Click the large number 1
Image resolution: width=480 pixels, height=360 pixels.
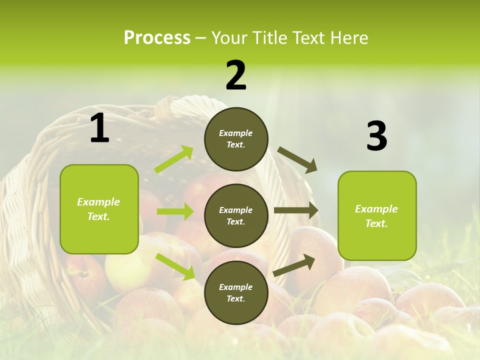click(x=99, y=128)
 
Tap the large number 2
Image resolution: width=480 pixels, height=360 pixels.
click(x=236, y=75)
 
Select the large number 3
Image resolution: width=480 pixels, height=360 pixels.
click(x=376, y=136)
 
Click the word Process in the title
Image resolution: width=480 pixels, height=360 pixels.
click(x=157, y=38)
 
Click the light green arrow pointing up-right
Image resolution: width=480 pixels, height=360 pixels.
click(x=174, y=159)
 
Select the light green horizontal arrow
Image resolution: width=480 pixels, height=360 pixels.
click(x=175, y=211)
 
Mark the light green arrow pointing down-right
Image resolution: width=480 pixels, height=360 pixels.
click(x=175, y=266)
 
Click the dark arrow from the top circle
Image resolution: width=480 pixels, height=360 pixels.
click(x=297, y=160)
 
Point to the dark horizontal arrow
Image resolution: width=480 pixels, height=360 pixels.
click(x=296, y=210)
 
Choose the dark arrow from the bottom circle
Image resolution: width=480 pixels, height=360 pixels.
click(x=294, y=265)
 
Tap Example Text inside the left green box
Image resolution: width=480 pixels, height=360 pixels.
click(x=98, y=209)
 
